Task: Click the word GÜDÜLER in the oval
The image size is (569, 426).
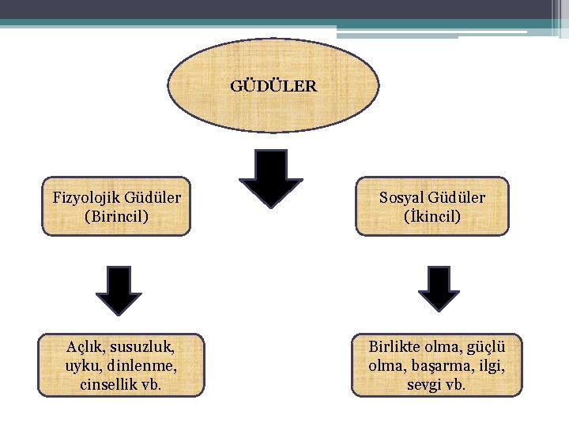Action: point(273,85)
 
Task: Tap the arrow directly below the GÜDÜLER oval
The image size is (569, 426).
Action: point(271,178)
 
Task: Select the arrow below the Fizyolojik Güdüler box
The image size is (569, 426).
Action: point(119,290)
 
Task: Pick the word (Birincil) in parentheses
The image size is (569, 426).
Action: point(116,215)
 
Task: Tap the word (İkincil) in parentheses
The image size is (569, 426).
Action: point(431,215)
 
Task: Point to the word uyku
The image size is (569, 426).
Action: point(83,366)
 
